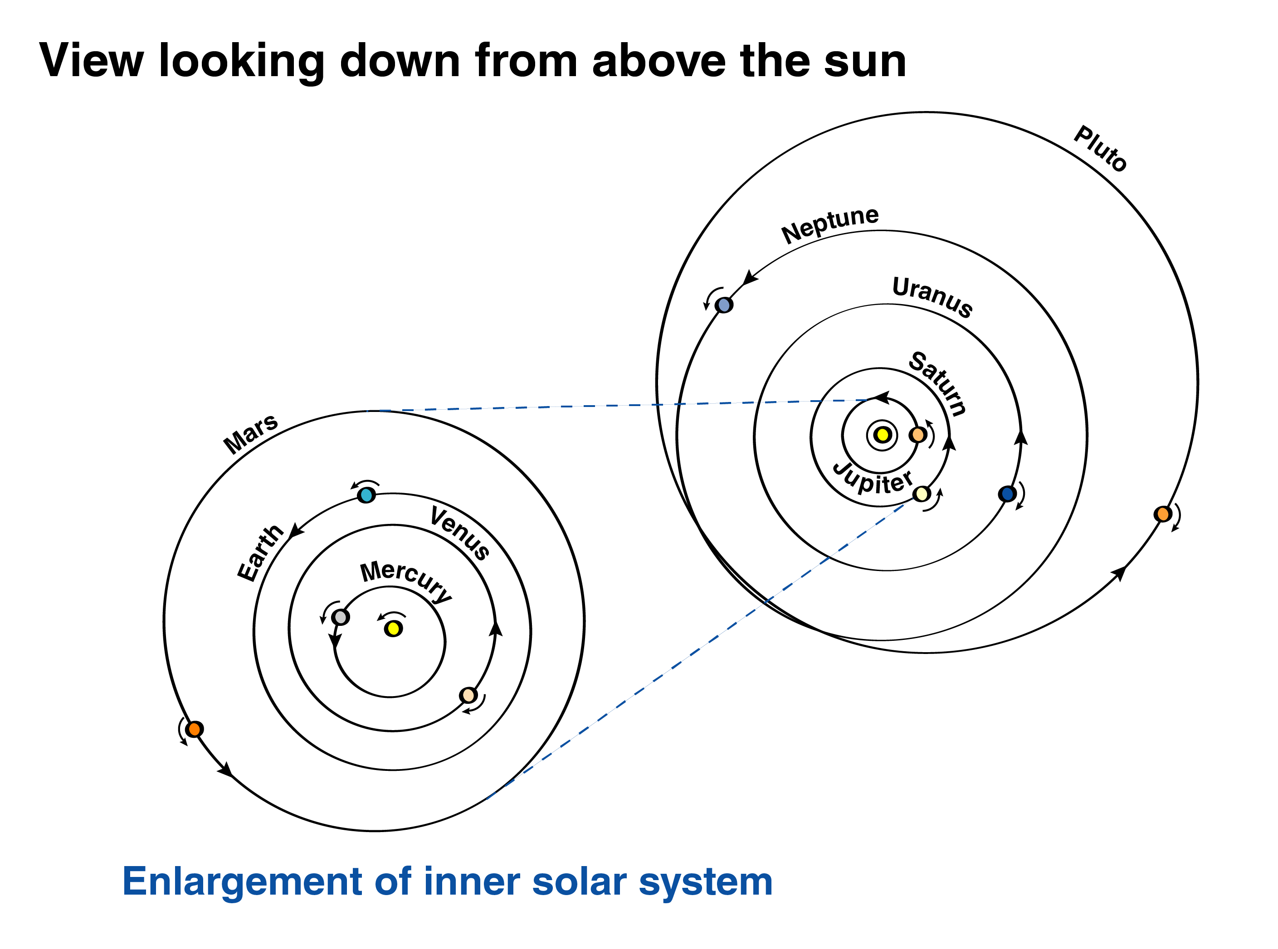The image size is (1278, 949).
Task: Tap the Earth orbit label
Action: point(260,552)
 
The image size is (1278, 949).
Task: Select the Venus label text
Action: point(460,533)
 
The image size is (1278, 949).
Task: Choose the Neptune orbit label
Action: point(829,224)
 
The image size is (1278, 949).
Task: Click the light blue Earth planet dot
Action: point(366,494)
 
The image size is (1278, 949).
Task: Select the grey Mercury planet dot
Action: point(340,617)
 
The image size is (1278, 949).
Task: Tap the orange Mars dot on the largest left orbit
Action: point(194,729)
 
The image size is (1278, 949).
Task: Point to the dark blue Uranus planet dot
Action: point(1007,494)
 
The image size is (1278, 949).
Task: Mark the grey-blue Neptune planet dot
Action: point(724,305)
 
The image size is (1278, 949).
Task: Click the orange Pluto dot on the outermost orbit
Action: point(1162,513)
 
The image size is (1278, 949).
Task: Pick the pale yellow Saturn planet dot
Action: point(922,494)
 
